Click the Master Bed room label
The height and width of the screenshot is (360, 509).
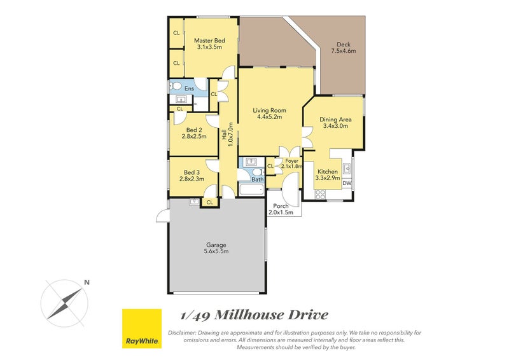pos(210,44)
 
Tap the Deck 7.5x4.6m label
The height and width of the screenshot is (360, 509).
pos(345,48)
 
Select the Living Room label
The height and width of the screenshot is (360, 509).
pos(269,113)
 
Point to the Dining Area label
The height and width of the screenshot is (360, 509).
pos(335,122)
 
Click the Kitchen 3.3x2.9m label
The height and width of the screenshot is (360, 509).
pos(328,175)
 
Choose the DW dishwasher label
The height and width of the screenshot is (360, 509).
pos(347,184)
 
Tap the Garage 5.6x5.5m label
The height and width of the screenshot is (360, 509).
pos(216,248)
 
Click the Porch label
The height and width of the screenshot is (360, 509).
pos(281,209)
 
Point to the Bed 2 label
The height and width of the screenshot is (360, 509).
pos(193,132)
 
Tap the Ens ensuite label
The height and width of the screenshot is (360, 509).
pos(189,88)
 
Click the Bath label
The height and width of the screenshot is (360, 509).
pos(256,179)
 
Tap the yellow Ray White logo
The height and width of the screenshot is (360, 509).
pos(141,329)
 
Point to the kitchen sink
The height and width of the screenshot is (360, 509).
pos(347,169)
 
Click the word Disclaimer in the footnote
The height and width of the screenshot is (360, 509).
pos(185,333)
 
